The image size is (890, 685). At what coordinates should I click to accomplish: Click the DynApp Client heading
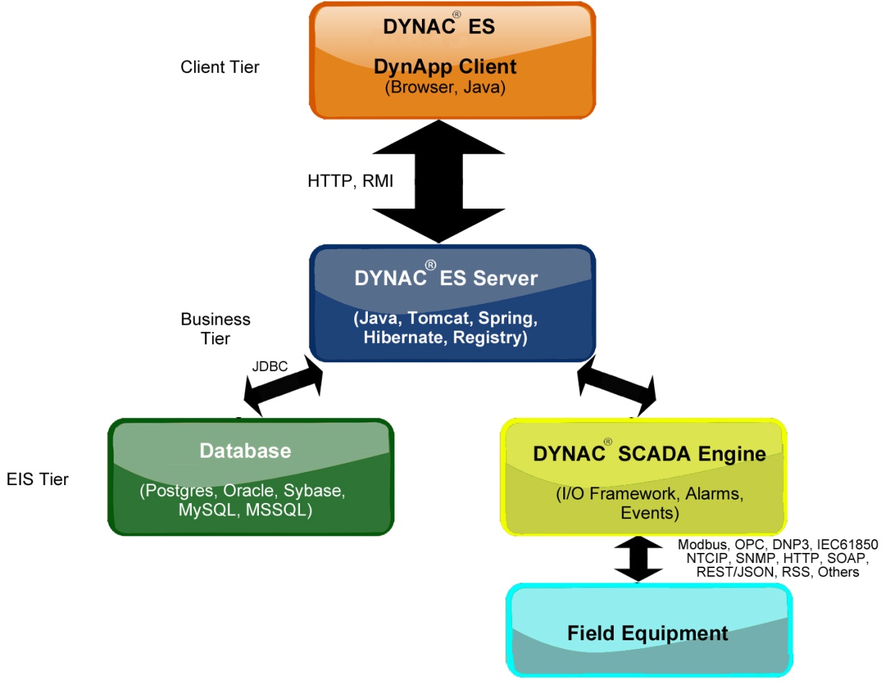(445, 67)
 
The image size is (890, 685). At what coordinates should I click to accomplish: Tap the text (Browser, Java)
(445, 87)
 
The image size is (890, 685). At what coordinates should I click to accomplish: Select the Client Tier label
(219, 67)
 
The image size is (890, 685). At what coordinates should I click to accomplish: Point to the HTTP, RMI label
(351, 181)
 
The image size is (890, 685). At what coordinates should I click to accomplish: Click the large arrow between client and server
(443, 181)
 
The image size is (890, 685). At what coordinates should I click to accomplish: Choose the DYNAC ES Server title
(446, 278)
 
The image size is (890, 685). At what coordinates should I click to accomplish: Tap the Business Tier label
(216, 328)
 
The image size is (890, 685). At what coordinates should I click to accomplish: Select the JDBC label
(270, 367)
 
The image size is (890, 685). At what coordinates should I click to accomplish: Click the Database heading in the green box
(245, 451)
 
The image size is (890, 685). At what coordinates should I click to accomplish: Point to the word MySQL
(207, 510)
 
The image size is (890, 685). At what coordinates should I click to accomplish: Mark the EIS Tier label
(37, 479)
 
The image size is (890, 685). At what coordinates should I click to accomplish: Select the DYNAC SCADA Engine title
(649, 454)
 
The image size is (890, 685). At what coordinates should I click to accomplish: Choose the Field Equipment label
(648, 634)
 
